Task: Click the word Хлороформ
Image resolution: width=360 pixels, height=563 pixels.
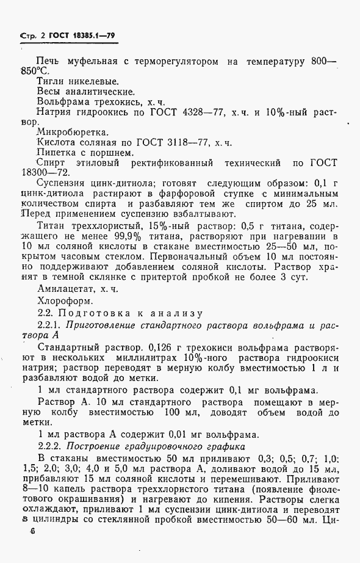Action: (66, 300)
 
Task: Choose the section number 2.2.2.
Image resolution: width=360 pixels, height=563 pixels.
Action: (50, 446)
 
